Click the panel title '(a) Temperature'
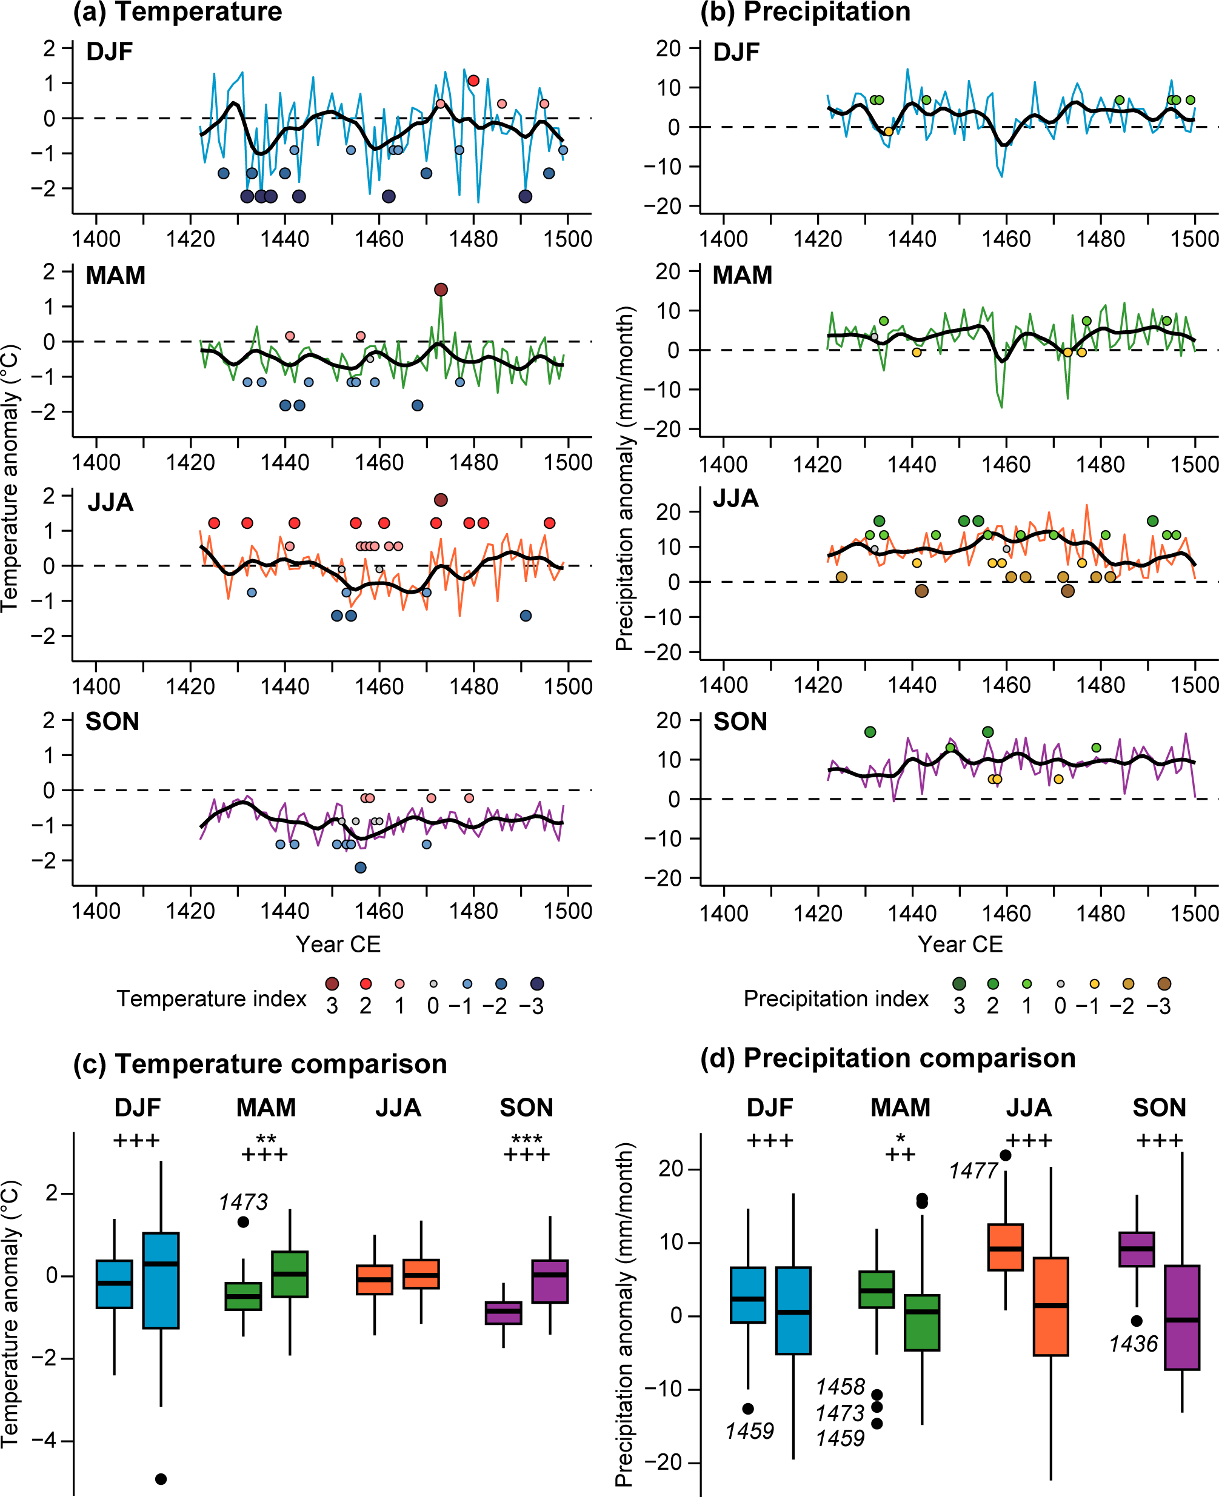[178, 12]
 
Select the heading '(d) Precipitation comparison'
[887, 1058]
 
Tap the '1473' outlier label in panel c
[243, 1202]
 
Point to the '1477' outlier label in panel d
[974, 1171]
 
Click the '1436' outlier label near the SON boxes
[1133, 1344]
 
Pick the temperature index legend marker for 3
[332, 984]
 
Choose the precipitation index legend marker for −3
[1164, 984]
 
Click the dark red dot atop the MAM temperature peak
[441, 290]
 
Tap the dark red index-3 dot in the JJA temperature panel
[441, 500]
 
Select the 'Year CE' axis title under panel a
[338, 944]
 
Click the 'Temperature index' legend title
[212, 998]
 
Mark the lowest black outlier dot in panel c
[161, 1479]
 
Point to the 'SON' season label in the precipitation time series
[740, 722]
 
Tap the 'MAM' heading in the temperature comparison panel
[266, 1107]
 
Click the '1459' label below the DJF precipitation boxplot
[749, 1430]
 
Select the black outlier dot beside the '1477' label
[1006, 1156]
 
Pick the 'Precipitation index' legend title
[836, 998]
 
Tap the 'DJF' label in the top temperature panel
[110, 52]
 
